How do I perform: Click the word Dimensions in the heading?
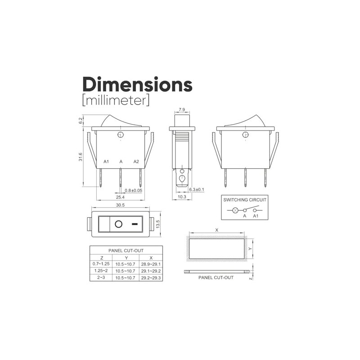click(x=137, y=85)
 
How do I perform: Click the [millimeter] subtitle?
click(x=116, y=101)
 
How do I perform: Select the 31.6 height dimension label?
click(x=81, y=157)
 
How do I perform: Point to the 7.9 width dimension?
click(x=182, y=109)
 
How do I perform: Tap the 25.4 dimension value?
click(x=120, y=197)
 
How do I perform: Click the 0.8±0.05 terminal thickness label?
click(x=133, y=190)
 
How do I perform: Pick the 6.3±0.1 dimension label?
click(x=196, y=189)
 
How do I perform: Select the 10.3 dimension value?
click(x=182, y=197)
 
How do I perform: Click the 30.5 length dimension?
click(x=120, y=205)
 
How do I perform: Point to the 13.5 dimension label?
click(x=158, y=224)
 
